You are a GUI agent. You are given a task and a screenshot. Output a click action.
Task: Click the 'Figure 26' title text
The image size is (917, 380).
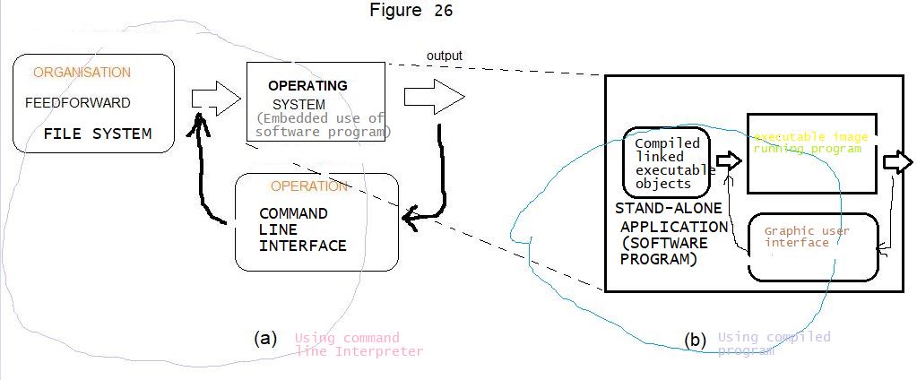tap(411, 11)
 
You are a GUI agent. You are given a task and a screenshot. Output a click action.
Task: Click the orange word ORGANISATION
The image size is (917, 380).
tap(82, 73)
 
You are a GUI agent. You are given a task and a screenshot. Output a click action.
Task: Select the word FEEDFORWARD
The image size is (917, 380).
tap(77, 103)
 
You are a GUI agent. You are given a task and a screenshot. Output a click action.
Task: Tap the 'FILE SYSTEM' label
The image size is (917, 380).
tap(97, 134)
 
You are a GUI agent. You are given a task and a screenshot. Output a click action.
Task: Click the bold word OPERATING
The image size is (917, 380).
tap(307, 86)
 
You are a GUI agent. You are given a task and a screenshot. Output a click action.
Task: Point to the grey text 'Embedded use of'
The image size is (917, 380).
tap(320, 118)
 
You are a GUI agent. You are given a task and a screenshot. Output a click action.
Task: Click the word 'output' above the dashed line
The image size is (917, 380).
tap(444, 56)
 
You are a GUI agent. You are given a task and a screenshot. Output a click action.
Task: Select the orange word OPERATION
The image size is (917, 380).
tap(308, 186)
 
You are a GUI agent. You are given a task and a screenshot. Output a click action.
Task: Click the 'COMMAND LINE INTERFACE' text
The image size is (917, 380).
tap(302, 229)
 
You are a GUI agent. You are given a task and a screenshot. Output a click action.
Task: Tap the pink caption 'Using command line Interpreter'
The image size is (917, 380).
tap(358, 344)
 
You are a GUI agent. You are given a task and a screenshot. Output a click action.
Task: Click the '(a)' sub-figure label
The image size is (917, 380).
tap(264, 338)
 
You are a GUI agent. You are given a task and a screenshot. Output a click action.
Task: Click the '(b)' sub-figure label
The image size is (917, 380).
tap(694, 341)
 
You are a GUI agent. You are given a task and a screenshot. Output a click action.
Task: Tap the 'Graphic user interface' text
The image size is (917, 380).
tap(806, 237)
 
